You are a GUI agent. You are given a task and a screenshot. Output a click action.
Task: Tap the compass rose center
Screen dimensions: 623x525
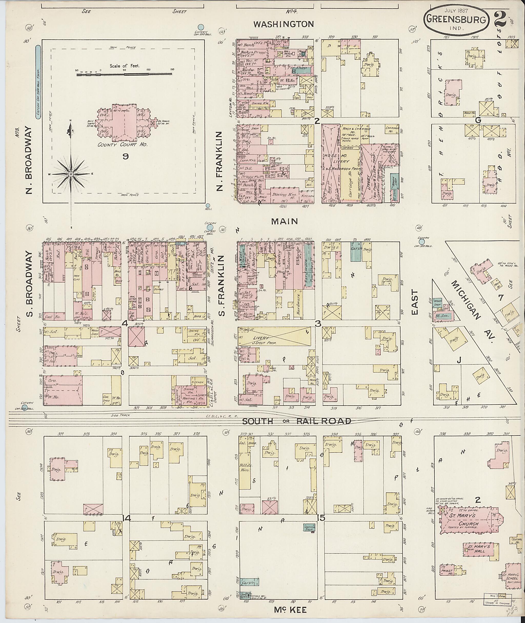point(71,174)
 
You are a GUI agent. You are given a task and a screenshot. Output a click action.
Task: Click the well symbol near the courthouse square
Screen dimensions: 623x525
point(208,205)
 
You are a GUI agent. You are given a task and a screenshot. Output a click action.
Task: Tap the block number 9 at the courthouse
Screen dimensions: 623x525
point(126,156)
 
